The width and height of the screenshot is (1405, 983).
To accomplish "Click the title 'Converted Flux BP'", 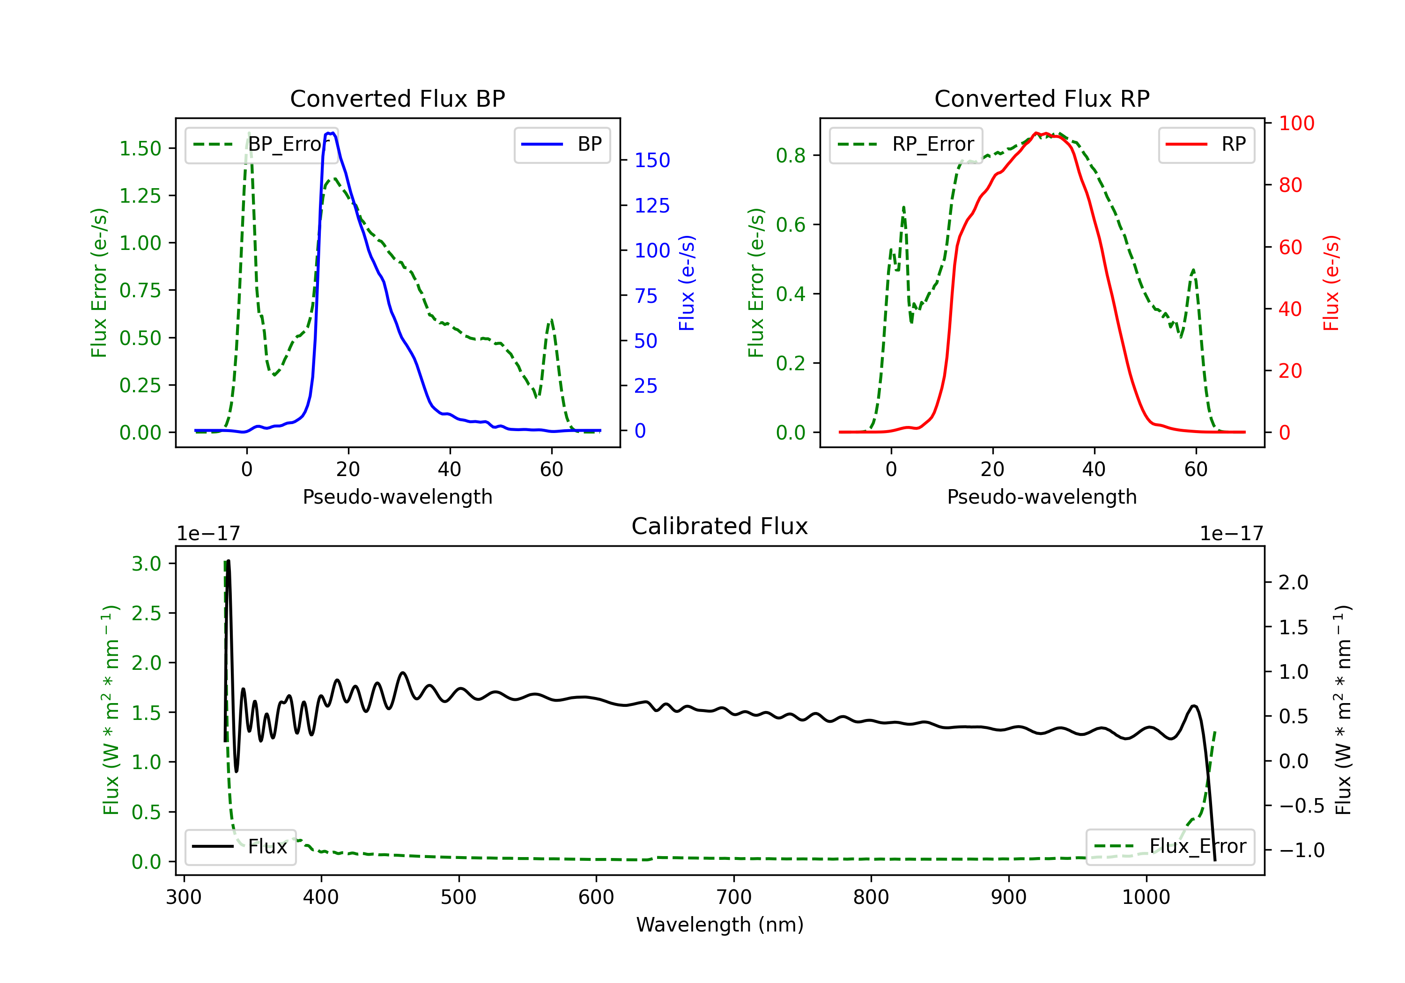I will pos(397,98).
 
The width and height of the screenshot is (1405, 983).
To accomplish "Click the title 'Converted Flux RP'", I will pos(1042,98).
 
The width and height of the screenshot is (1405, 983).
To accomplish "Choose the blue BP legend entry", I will pos(562,144).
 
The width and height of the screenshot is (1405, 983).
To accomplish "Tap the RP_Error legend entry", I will pos(906,144).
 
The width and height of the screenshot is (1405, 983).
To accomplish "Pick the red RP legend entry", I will pos(1205,144).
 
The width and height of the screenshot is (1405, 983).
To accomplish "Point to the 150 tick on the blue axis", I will pos(652,160).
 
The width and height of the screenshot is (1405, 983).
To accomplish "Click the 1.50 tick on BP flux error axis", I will pos(140,149).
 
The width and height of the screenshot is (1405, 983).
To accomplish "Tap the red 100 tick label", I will pos(1296,124).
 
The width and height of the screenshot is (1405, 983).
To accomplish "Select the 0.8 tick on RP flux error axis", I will pos(791,156).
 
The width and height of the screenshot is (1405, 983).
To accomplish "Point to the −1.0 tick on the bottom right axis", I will pos(1301,850).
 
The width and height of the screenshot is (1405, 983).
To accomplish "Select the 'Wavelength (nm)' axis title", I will pos(720,924).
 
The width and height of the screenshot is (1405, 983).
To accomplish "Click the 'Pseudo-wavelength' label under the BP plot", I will pos(397,497).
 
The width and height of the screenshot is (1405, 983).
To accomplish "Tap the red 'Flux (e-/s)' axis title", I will pos(1331,283).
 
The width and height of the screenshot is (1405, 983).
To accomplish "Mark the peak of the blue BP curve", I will pos(331,133).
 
